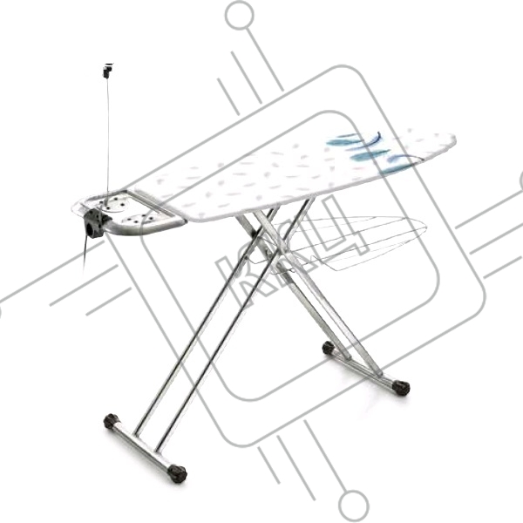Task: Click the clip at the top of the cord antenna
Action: pyautogui.click(x=108, y=71)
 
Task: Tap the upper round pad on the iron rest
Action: pyautogui.click(x=114, y=204)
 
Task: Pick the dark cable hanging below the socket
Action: pyautogui.click(x=85, y=255)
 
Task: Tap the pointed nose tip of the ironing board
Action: pyautogui.click(x=454, y=138)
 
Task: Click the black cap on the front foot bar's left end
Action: pyautogui.click(x=112, y=422)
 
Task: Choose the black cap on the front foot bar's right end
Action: pyautogui.click(x=177, y=473)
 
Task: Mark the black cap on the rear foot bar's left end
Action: pyautogui.click(x=329, y=348)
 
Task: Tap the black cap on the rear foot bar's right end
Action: pyautogui.click(x=401, y=387)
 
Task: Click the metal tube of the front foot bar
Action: pyautogui.click(x=144, y=448)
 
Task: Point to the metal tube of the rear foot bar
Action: pyautogui.click(x=364, y=368)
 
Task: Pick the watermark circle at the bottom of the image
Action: pyautogui.click(x=354, y=505)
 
